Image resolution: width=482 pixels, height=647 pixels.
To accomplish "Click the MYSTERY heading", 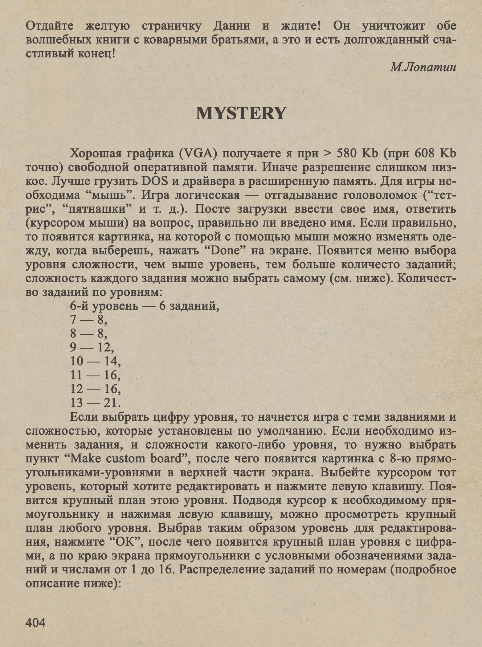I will tap(241, 113).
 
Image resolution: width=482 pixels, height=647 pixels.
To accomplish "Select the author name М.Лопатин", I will tap(423, 67).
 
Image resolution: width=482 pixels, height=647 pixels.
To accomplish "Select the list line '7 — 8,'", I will tap(89, 320).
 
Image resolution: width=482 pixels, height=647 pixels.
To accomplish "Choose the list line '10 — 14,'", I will tap(96, 361).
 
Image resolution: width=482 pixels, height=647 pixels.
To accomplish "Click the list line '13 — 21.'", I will tap(95, 403).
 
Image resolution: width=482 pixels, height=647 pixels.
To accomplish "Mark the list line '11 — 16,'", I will tap(95, 375).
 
